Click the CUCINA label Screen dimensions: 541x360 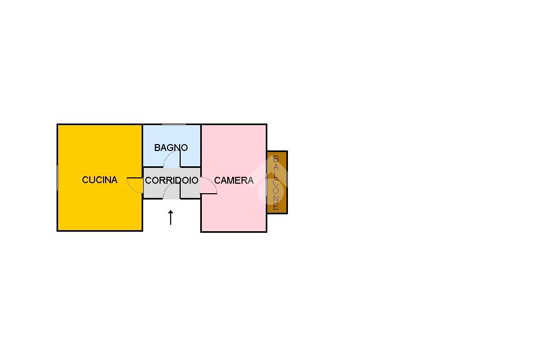click(x=100, y=179)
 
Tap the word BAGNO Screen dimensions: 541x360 click(x=171, y=148)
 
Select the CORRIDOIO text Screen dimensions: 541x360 click(x=172, y=181)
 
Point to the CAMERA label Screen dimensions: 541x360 click(x=234, y=181)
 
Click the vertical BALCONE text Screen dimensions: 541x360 click(x=276, y=183)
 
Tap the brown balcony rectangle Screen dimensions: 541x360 click(x=277, y=183)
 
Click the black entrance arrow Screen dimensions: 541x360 click(x=171, y=217)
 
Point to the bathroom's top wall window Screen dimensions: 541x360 click(x=174, y=124)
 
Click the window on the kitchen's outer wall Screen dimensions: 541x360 click(x=57, y=177)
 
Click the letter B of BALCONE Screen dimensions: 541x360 click(x=276, y=159)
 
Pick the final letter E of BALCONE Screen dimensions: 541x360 click(x=276, y=206)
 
